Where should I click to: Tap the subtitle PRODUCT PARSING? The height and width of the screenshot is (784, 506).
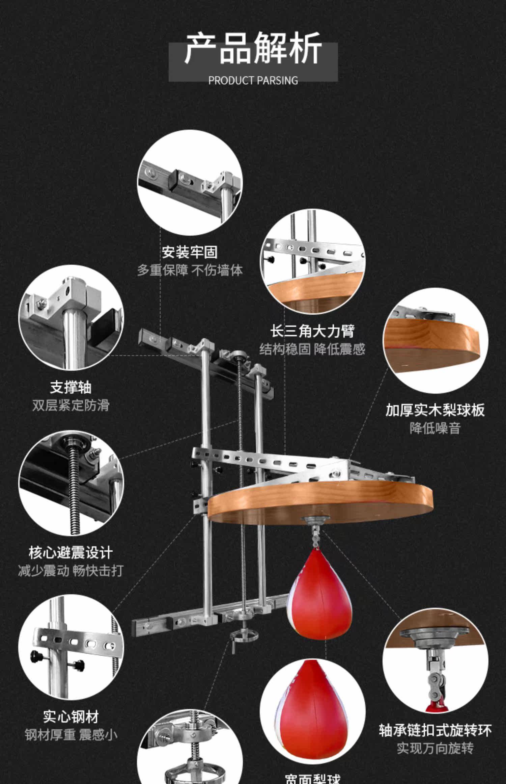(x=253, y=81)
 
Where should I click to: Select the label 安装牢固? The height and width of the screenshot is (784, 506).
(x=190, y=252)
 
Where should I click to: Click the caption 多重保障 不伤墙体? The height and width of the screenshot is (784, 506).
(x=190, y=270)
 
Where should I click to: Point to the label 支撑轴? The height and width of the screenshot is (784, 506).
(x=71, y=387)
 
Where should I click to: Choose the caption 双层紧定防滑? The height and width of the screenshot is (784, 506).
(x=71, y=405)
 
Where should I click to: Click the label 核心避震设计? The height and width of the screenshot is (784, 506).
(x=71, y=553)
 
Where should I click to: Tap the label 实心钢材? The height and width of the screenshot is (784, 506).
(x=71, y=717)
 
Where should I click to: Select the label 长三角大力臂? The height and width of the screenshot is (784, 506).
(x=312, y=331)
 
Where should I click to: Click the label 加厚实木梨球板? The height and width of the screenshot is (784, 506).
(x=435, y=410)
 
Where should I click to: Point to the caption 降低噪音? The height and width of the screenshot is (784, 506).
(x=435, y=428)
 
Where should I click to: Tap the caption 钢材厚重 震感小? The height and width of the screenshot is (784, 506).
(x=71, y=735)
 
